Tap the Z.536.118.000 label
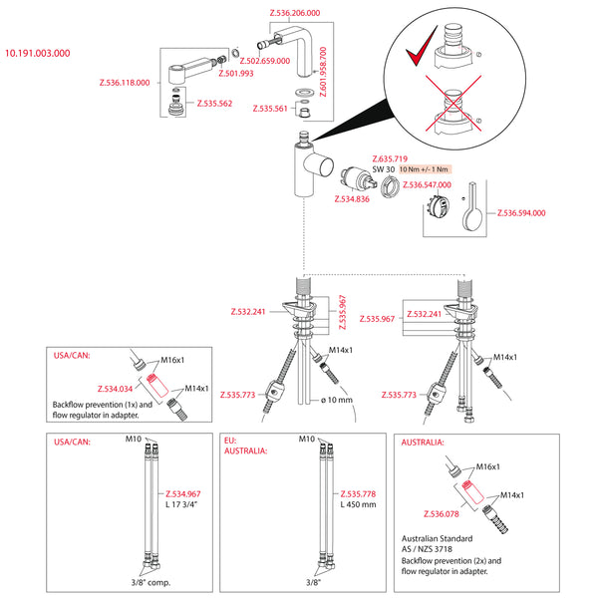pos(126,83)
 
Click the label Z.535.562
pos(214,104)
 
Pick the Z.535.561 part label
pos(270,108)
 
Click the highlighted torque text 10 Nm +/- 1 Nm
pos(423,169)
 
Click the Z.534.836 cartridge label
pos(351,199)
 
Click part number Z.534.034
pos(117,389)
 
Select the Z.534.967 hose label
pos(180,493)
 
